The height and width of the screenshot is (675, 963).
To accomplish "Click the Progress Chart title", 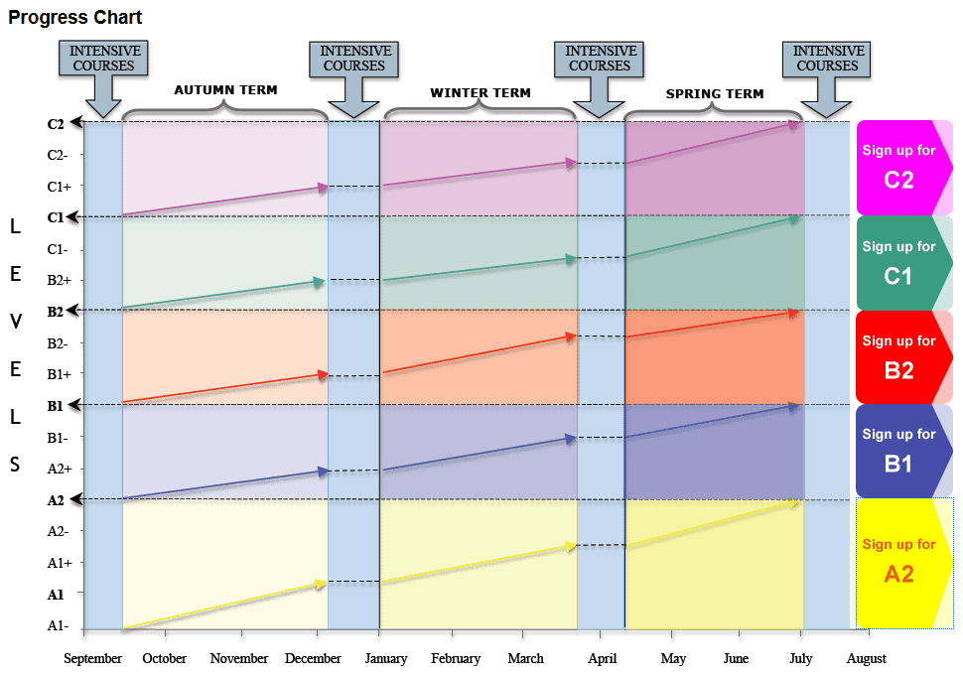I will (x=75, y=18).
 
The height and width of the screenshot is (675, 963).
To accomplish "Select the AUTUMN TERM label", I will (x=225, y=90).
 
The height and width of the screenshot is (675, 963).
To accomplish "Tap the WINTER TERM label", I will (x=480, y=93).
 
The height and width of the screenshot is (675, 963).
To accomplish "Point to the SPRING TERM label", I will (x=714, y=94).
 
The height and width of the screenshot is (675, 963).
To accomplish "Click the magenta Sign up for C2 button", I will (x=898, y=167).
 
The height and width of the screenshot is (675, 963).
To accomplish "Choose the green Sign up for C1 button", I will (x=898, y=262).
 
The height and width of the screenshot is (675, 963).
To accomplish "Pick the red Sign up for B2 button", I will (x=898, y=356).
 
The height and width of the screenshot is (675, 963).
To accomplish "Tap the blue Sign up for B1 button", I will (x=898, y=450).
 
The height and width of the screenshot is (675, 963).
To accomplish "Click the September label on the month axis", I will (x=93, y=658).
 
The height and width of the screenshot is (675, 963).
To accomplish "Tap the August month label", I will (x=866, y=658).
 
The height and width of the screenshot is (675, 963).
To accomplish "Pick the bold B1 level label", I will (x=56, y=406).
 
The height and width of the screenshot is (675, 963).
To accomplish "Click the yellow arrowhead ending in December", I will (x=321, y=584).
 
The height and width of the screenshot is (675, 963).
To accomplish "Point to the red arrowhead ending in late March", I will (x=570, y=337).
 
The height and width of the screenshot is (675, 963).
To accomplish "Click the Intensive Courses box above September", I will (x=103, y=59).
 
